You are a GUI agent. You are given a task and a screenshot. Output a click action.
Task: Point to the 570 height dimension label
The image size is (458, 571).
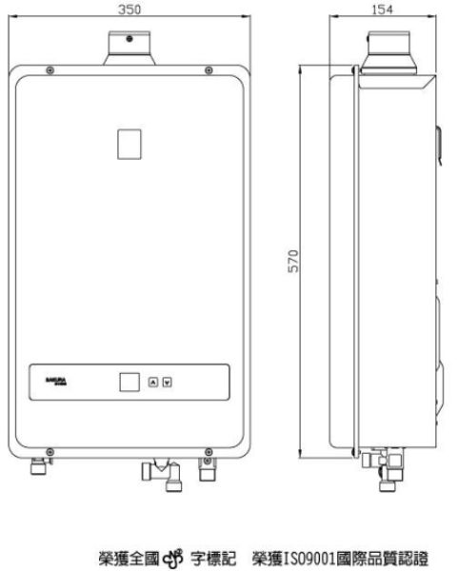tap(294, 261)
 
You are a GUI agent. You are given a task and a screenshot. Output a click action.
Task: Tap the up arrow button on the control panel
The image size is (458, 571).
tap(154, 383)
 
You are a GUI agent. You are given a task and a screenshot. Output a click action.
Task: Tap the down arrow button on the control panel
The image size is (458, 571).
tap(168, 383)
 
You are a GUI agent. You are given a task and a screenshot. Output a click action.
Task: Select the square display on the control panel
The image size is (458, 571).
tap(129, 383)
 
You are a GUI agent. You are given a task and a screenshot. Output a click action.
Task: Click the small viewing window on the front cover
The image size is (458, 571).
tap(128, 143)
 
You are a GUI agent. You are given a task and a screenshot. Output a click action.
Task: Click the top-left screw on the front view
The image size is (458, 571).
tap(50, 72)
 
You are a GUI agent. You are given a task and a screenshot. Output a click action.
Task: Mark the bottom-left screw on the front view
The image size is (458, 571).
tap(50, 450)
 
